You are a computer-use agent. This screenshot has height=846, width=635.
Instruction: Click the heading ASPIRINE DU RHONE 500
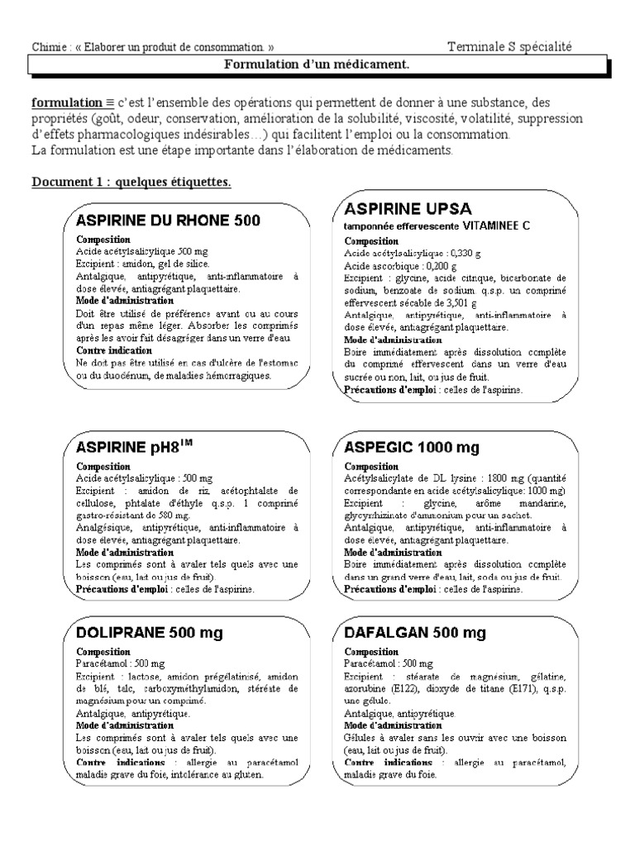tap(168, 221)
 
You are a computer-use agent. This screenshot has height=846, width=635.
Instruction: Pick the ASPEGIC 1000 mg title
tap(411, 447)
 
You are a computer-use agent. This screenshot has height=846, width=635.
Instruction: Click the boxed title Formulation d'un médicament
tap(317, 64)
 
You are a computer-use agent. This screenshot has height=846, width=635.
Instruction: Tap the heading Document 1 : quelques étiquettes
tap(131, 181)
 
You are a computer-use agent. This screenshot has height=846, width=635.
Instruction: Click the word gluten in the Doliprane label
tap(249, 775)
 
